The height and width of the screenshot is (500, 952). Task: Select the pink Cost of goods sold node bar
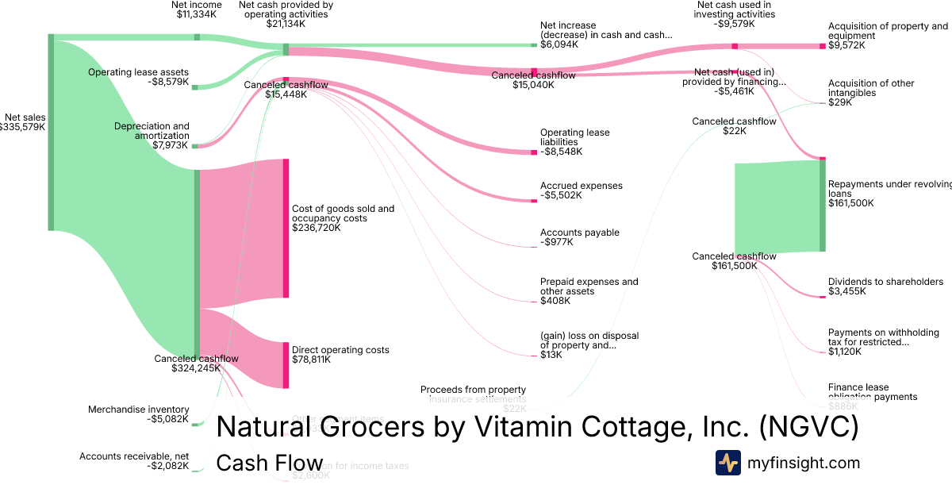point(286,229)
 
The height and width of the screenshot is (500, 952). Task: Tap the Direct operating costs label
point(340,350)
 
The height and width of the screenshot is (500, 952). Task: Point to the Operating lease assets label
point(138,72)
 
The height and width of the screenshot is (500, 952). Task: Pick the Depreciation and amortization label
point(152,131)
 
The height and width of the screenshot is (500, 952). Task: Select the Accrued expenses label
point(582,186)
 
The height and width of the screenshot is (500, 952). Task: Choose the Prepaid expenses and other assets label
point(589,287)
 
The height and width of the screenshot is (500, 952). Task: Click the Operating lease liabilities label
point(575,137)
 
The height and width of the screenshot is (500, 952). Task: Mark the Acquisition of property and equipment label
point(887,31)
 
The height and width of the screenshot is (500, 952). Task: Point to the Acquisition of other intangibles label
point(871,88)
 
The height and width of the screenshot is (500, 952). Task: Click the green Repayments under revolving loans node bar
point(823,206)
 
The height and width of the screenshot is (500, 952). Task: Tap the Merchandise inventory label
point(138,410)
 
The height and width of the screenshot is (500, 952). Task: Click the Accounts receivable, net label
point(134,456)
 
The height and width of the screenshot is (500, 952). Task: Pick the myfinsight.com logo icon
point(727,463)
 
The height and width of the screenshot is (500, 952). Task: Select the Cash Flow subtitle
point(270,463)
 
